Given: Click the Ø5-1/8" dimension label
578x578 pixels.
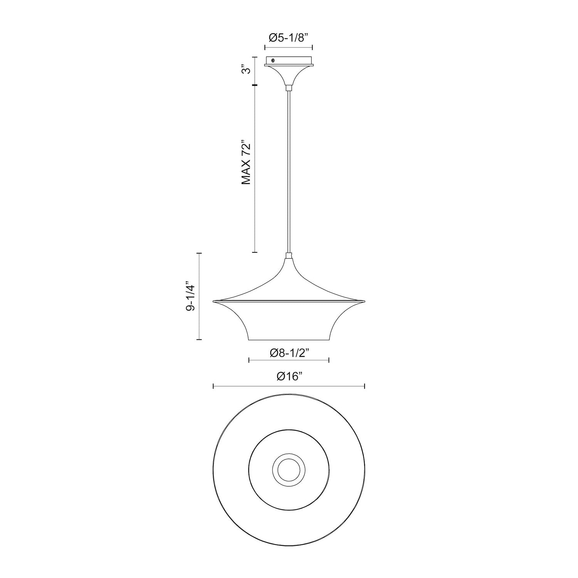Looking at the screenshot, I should point(288,38).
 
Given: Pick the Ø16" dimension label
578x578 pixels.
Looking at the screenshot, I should point(288,377).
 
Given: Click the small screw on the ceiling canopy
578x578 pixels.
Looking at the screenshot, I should point(273,60).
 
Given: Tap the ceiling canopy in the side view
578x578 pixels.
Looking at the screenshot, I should point(288,69).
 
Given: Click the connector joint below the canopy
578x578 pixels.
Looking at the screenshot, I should point(288,88).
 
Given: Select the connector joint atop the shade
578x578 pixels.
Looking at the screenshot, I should point(288,255).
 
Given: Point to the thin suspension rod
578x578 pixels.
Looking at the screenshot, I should point(288,170).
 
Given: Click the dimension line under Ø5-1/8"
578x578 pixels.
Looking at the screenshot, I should point(288,48).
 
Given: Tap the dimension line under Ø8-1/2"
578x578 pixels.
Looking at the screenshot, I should point(288,360).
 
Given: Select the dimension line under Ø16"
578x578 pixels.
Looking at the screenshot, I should point(288,386).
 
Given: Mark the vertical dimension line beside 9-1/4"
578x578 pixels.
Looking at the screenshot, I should point(199,296).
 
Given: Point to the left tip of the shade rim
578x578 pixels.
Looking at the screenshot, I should point(214,301).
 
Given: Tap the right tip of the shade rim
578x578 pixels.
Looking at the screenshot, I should point(363,301).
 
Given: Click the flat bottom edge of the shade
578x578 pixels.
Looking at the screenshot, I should point(288,340).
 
